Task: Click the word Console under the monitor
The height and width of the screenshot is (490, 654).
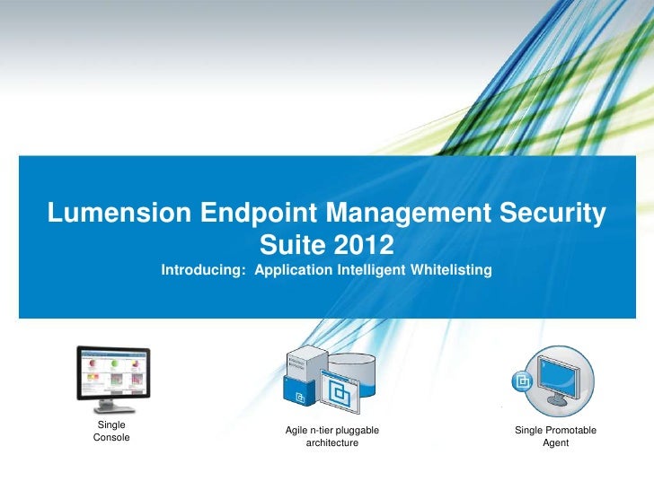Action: pyautogui.click(x=111, y=437)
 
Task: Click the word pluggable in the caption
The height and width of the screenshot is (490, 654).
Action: pyautogui.click(x=358, y=432)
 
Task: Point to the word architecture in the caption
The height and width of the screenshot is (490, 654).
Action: pyautogui.click(x=331, y=443)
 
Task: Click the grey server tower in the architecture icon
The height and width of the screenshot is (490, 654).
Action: pyautogui.click(x=303, y=363)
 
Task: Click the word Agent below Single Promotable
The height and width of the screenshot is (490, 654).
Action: pyautogui.click(x=555, y=443)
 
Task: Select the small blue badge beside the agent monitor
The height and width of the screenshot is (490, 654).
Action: pyautogui.click(x=521, y=381)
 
